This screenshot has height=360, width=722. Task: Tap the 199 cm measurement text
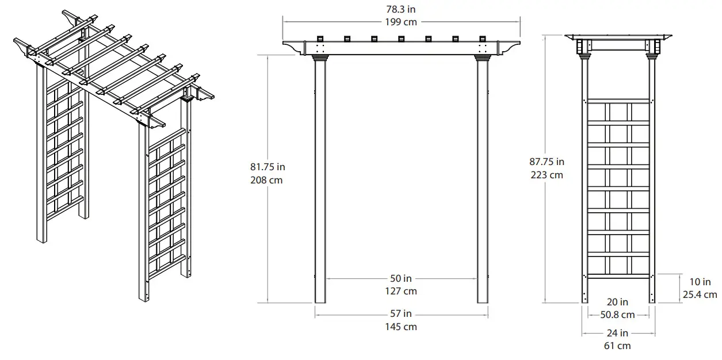coord(402,22)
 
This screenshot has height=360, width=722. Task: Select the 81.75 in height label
coord(268,167)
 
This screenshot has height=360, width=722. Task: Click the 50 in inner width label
coord(402,279)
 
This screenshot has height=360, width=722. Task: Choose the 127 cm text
coord(402,291)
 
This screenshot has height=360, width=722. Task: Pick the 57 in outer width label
coord(402,314)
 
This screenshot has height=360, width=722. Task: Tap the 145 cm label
coord(402,327)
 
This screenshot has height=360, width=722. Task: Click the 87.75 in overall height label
coord(547,162)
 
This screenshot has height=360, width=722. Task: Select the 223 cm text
coord(547,175)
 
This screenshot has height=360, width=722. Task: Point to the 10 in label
coord(699,282)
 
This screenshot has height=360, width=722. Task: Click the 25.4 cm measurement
coord(699,294)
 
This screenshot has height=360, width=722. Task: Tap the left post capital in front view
coord(320,56)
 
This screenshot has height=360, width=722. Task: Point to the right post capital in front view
coord(482,56)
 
